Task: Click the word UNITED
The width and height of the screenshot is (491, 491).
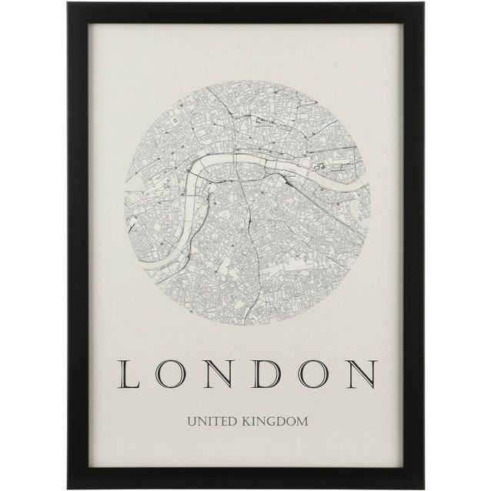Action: coord(209,421)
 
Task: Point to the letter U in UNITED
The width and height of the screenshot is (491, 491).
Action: coord(189,421)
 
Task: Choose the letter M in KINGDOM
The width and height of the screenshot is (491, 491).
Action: coord(302,421)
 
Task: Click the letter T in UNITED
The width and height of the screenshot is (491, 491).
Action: coord(212,421)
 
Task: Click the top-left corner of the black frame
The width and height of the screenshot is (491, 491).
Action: coord(68,4)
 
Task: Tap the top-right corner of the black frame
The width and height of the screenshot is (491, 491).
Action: coord(423,4)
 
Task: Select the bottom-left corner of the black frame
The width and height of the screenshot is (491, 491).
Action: coord(68,486)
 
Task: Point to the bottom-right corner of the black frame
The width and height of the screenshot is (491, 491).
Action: coord(423,486)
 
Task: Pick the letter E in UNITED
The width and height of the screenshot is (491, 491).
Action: coord(220,421)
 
